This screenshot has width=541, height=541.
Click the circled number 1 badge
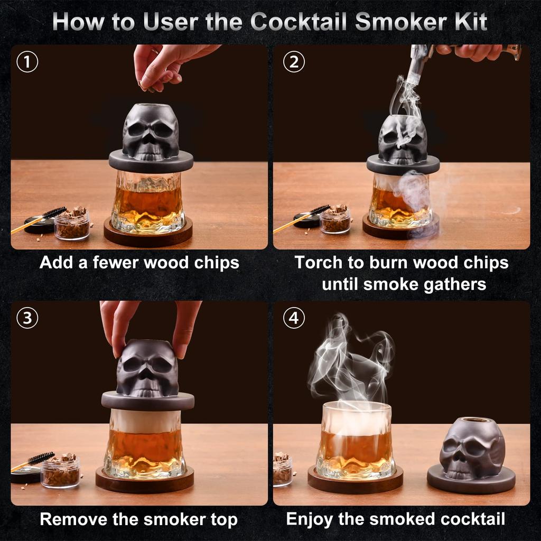(27, 62)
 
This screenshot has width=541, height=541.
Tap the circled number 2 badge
(294, 62)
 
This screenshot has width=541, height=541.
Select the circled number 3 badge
(27, 319)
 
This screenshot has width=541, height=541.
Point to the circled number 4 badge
(294, 319)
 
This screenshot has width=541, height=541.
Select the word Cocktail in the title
(297, 22)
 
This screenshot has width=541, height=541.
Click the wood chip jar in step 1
(72, 224)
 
